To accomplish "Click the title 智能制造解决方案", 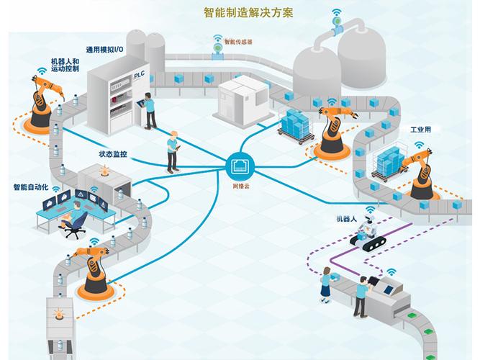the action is [248, 12].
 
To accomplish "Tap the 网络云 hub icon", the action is [240, 166].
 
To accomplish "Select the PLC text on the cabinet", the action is [139, 75].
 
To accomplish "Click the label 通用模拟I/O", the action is [104, 50].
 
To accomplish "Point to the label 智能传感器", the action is [238, 42].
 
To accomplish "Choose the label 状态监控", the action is [113, 154].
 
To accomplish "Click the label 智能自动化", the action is [31, 187].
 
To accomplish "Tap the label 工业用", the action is [420, 130].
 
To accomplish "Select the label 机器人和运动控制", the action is [65, 66].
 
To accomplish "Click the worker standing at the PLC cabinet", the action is [149, 111].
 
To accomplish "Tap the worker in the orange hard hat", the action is [173, 152].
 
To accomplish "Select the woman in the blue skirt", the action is [326, 285].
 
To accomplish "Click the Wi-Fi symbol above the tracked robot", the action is [371, 210].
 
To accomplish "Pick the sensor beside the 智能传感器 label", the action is [218, 49].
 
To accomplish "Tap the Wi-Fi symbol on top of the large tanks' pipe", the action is [337, 12].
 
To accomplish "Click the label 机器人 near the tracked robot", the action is [347, 219].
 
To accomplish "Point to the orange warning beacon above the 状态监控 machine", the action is [104, 170].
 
